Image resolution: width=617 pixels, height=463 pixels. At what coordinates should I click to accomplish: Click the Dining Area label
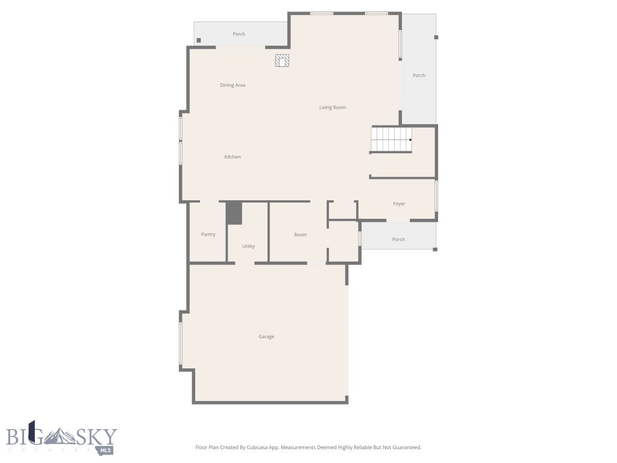pos(233,85)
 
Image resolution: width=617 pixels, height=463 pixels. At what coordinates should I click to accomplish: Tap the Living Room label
pos(333,107)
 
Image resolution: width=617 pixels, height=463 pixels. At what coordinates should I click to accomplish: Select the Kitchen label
pos(233,157)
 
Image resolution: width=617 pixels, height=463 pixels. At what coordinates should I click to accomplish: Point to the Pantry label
pos(208,235)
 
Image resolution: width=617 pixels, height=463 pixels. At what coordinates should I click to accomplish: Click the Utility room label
pos(248,246)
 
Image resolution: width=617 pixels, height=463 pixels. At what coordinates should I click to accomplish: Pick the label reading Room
pos(300,235)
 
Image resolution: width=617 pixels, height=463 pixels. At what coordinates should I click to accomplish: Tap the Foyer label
pos(399,204)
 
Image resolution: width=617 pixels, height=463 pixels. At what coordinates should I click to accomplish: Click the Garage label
pos(266,336)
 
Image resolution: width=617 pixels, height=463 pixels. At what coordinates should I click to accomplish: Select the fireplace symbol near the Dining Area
pos(282,60)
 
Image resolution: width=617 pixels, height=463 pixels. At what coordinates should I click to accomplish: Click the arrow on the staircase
pos(410,140)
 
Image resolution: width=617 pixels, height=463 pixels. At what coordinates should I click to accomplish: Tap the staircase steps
pos(389,139)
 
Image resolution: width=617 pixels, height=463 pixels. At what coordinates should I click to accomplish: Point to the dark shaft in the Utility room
pos(234,213)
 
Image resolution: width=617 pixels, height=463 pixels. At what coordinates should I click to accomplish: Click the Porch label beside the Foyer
pos(398,239)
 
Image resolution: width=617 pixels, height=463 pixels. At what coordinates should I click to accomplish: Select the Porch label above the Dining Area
pos(239,34)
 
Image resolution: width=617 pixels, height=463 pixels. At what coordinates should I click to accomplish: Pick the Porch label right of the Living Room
pos(419,75)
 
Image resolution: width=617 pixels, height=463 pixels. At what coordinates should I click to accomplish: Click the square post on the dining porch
pos(199,40)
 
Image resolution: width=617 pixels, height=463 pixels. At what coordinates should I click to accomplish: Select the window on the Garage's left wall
pos(181,344)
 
